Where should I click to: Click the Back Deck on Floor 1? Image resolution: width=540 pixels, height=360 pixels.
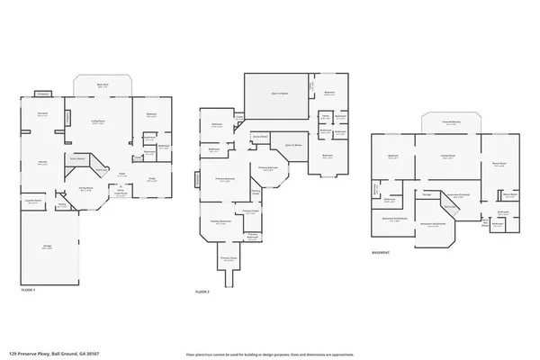tap(104, 85)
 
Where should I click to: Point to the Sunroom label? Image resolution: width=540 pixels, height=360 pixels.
tap(42, 114)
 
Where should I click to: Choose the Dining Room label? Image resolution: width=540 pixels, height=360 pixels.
tap(85, 188)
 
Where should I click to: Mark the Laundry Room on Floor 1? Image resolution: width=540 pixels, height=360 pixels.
tap(32, 202)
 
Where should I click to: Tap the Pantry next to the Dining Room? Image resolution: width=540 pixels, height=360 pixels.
tap(62, 205)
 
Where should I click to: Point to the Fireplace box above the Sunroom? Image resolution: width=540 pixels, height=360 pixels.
tap(42, 93)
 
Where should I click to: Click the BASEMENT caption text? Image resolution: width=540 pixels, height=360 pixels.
tap(381, 253)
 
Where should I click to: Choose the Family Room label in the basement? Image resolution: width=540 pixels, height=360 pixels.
tap(446, 156)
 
